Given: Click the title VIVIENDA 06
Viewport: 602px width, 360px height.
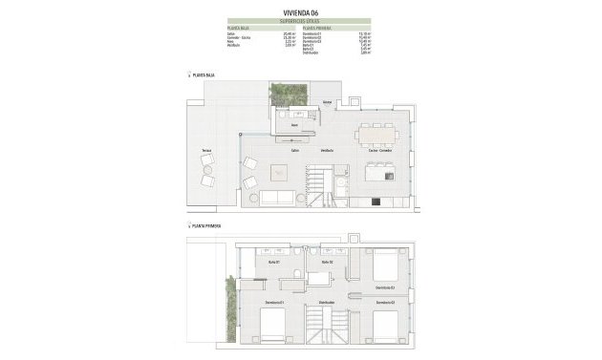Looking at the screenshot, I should pyautogui.click(x=301, y=11).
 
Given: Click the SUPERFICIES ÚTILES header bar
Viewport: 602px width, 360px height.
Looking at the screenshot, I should pyautogui.click(x=301, y=20).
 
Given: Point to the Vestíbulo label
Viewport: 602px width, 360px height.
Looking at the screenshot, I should pyautogui.click(x=327, y=151).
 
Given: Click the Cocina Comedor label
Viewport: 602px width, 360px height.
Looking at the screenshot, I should pyautogui.click(x=379, y=151).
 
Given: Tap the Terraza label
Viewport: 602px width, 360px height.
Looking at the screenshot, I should pyautogui.click(x=206, y=152).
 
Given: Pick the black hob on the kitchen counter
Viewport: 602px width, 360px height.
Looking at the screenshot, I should pyautogui.click(x=376, y=201).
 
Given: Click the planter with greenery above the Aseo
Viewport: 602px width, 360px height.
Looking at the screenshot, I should pyautogui.click(x=289, y=93).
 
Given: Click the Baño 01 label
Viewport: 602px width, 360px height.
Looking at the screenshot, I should pyautogui.click(x=272, y=262).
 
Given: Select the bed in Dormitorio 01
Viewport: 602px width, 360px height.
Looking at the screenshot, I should pyautogui.click(x=272, y=326).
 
